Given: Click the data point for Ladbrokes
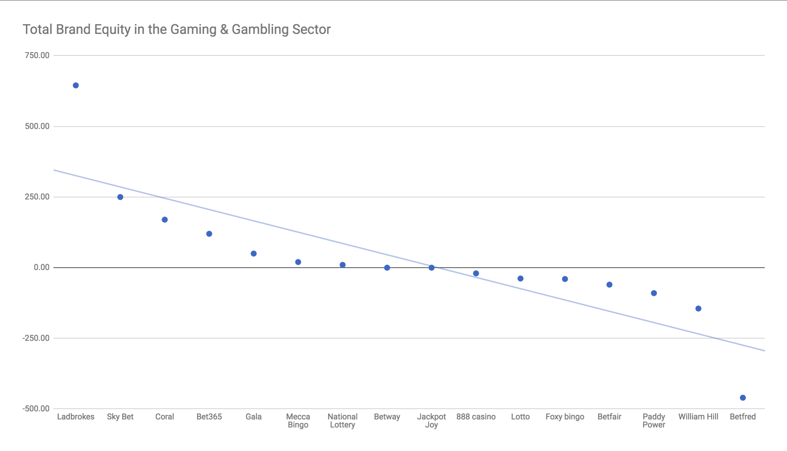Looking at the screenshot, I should [76, 86].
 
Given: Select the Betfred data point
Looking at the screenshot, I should [743, 398].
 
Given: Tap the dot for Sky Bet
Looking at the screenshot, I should [120, 197].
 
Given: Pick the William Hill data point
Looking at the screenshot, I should [698, 309].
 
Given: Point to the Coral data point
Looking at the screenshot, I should [165, 220].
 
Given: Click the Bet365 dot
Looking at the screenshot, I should [209, 234].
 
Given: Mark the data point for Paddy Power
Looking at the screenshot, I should [654, 293].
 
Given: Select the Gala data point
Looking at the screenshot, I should [253, 254].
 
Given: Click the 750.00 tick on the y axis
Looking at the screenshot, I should [37, 55].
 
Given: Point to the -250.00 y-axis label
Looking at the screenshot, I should [36, 338].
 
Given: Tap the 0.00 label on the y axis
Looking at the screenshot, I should [41, 267].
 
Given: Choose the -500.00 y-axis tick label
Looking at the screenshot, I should [36, 409].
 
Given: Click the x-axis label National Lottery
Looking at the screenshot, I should [342, 421].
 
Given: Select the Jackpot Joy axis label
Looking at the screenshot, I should [431, 421].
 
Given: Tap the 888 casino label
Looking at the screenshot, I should [476, 417].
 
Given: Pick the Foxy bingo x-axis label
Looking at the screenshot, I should [565, 417].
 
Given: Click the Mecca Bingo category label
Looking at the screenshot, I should [298, 421].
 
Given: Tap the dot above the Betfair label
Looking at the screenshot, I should [609, 285].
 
